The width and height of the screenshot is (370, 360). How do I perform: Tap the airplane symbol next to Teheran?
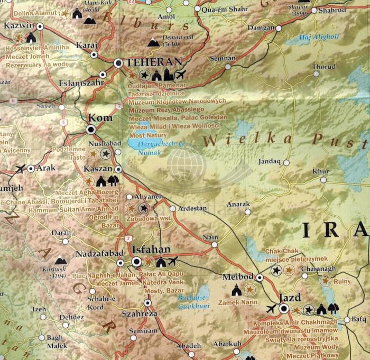pyautogui.click(x=180, y=75)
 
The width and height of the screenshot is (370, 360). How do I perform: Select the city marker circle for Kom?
pyautogui.click(x=91, y=129)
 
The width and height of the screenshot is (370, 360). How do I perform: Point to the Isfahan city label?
pyautogui.click(x=152, y=250)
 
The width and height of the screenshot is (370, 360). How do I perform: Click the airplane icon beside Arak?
pyautogui.click(x=21, y=169)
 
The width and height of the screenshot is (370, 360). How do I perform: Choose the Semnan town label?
pyautogui.click(x=223, y=58)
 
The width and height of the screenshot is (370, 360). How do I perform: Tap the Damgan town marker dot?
pyautogui.click(x=279, y=28)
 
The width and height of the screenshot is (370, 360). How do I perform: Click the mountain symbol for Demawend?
pyautogui.click(x=153, y=42)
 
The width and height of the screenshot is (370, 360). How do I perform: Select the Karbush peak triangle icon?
pyautogui.click(x=60, y=261)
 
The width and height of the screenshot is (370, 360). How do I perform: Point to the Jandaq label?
pyautogui.click(x=268, y=161)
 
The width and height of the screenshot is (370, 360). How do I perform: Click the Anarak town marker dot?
pyautogui.click(x=248, y=212)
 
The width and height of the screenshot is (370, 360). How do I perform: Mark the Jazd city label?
pyautogui.click(x=290, y=298)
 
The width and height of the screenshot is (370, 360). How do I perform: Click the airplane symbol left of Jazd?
pyautogui.click(x=271, y=309)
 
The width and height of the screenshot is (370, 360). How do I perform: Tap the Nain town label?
pyautogui.click(x=210, y=238)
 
